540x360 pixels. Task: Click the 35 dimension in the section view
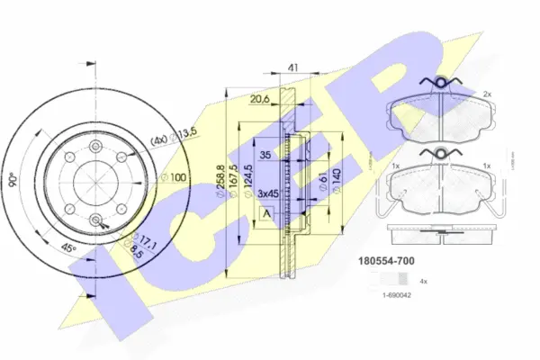(x=266, y=154)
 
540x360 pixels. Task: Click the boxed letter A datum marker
(x=267, y=213)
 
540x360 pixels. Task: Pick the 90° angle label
(x=13, y=179)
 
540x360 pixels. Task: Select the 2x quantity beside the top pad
(x=487, y=94)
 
